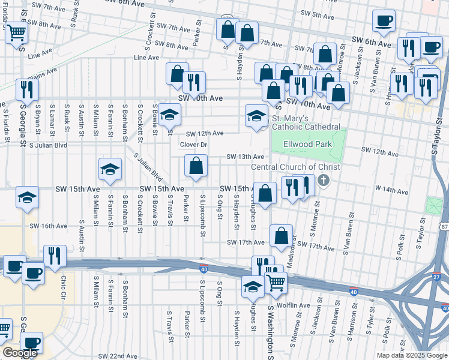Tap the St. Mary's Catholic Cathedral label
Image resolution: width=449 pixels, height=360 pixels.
[307, 123]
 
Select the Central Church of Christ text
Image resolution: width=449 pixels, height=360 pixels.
[295, 167]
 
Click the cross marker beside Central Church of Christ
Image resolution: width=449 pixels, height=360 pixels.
[324, 180]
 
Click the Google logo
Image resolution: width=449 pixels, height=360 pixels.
[20, 353]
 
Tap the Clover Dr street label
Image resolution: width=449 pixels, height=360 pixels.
[193, 145]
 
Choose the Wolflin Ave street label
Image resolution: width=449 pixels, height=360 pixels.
[294, 305]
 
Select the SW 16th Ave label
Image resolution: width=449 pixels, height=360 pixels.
[49, 226]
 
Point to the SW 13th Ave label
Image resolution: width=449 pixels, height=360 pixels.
[245, 157]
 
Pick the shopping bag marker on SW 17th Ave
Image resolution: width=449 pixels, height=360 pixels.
[281, 236]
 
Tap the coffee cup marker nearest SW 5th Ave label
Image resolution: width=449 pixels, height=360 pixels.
[384, 21]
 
